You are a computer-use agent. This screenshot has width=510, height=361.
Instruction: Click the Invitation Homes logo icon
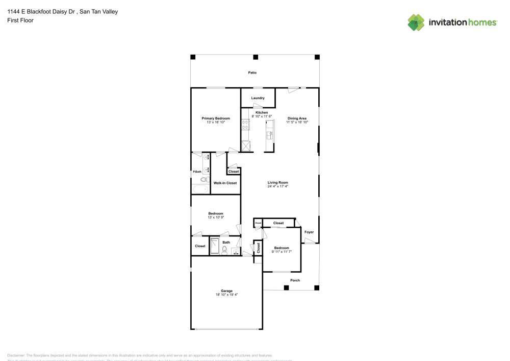pyautogui.click(x=416, y=22)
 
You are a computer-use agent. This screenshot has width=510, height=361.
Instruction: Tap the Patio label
pyautogui.click(x=252, y=73)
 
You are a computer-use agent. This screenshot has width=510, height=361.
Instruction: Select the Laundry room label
pyautogui.click(x=258, y=98)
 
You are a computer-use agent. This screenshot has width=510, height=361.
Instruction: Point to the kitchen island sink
pyautogui.click(x=269, y=135)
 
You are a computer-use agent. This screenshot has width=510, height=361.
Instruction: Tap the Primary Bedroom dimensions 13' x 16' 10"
pyautogui.click(x=215, y=123)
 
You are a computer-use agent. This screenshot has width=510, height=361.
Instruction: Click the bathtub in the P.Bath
pyautogui.click(x=200, y=189)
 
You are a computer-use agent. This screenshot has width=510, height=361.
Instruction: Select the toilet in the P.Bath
pyautogui.click(x=203, y=179)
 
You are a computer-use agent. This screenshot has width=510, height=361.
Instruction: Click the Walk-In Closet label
pyautogui.click(x=225, y=183)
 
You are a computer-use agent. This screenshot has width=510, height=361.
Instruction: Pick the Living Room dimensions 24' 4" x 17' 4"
pyautogui.click(x=278, y=186)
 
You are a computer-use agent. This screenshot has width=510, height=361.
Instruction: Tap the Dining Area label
pyautogui.click(x=297, y=118)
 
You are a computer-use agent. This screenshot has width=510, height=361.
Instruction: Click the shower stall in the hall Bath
pyautogui.click(x=215, y=245)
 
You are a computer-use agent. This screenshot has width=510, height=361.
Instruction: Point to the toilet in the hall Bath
pyautogui.click(x=224, y=249)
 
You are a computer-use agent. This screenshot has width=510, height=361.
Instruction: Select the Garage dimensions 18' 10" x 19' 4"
pyautogui.click(x=226, y=295)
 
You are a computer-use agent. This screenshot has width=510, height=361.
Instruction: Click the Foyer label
pyautogui.click(x=309, y=232)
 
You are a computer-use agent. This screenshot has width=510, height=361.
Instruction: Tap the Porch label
pyautogui.click(x=295, y=280)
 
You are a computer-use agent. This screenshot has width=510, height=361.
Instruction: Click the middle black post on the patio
pyautogui.click(x=256, y=57)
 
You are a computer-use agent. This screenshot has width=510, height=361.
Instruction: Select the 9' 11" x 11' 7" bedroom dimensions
pyautogui.click(x=281, y=251)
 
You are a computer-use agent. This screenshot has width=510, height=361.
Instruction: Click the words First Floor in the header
pyautogui.click(x=20, y=20)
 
